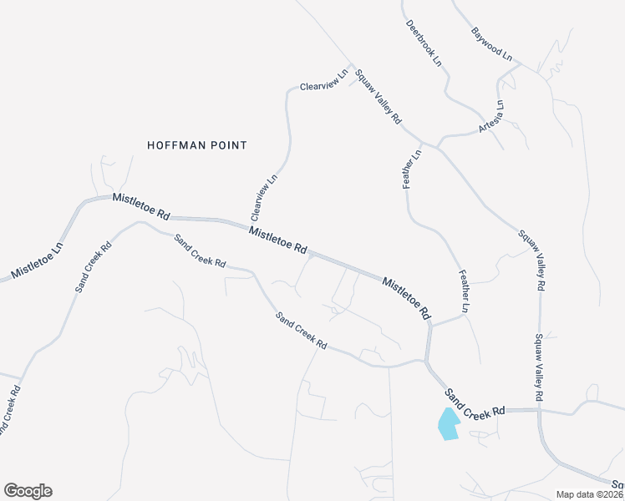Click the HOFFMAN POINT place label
(x=197, y=145)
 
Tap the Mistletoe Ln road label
(x=37, y=261)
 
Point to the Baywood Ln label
(x=491, y=44)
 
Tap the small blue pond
(x=449, y=424)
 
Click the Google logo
(x=28, y=491)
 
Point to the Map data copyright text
(x=589, y=494)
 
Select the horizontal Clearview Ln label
(x=323, y=80)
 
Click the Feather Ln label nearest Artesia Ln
(x=413, y=168)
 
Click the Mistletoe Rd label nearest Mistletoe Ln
(x=140, y=209)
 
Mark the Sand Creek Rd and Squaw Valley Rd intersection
(x=540, y=410)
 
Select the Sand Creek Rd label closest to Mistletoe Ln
(x=94, y=267)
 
